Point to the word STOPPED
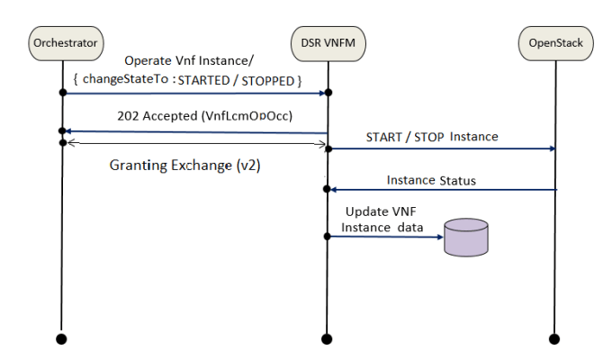click(268, 82)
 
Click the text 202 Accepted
click(153, 117)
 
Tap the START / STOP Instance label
click(432, 137)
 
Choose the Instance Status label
click(431, 180)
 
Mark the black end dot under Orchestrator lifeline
click(62, 338)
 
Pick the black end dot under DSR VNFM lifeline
click(330, 338)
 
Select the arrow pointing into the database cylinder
click(387, 237)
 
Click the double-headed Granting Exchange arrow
click(193, 143)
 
